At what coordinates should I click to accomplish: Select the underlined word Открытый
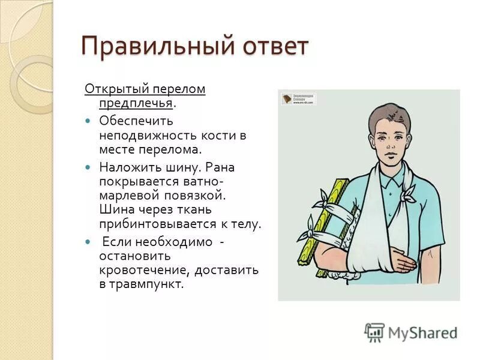tap(111, 89)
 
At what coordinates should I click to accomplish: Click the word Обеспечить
tap(136, 120)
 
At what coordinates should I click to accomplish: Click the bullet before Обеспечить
tap(88, 121)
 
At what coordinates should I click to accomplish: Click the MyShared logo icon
tap(375, 332)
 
